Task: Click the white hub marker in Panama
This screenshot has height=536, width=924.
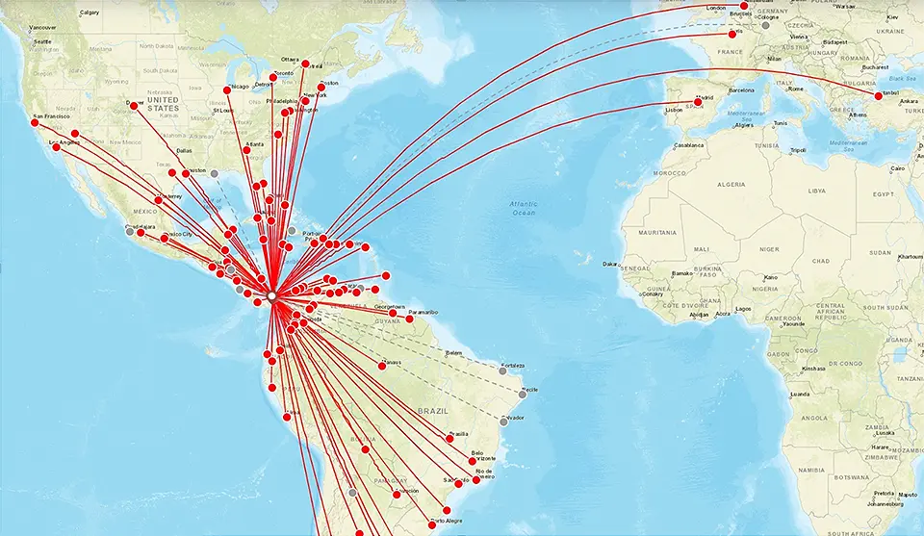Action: click(273, 296)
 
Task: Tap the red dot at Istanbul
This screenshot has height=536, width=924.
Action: click(878, 96)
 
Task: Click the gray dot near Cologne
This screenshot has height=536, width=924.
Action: click(765, 25)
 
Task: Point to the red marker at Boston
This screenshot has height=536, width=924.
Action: click(321, 87)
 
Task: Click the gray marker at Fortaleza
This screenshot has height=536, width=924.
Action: click(502, 370)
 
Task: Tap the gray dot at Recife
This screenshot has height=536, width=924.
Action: click(523, 394)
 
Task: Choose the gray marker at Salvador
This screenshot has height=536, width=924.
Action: click(503, 421)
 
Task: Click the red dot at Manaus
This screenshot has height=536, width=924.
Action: click(382, 366)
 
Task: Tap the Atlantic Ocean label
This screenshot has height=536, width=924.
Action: click(524, 208)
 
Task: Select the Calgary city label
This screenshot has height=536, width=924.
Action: click(90, 13)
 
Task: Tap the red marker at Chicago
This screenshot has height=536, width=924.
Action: click(228, 90)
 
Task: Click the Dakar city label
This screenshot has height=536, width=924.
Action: click(610, 263)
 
